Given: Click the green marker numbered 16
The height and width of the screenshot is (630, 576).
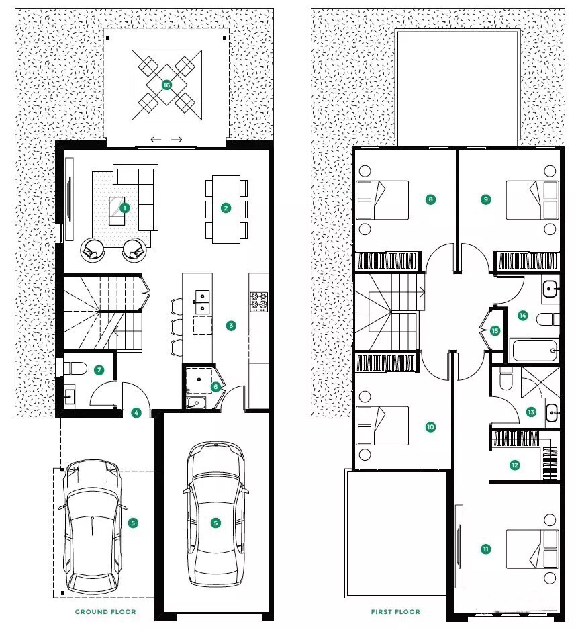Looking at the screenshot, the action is pos(166,85).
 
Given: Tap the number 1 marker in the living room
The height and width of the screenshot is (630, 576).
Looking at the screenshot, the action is pos(124,208).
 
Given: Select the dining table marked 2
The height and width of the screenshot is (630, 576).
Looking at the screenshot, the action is pos(226,210).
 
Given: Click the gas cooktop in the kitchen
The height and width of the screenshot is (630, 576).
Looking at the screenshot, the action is pos(260,302).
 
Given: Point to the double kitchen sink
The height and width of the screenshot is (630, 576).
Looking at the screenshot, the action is pos(201,302).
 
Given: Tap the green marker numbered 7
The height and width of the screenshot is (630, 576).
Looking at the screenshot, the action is pos(99,370).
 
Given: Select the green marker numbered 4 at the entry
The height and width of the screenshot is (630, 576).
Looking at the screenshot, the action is pos(136,412).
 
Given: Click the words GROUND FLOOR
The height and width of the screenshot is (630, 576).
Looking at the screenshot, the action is pos(105,611).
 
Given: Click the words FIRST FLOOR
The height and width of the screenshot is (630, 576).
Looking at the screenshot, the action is pos(395,611).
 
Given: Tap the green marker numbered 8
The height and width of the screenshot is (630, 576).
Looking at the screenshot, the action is pos(430,199).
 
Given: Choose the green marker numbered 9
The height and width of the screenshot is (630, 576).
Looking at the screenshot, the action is pos(485,199).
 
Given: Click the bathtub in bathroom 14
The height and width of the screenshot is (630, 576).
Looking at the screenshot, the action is pos(534,351).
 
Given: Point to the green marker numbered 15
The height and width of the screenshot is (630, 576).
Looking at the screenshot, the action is pos(495,330).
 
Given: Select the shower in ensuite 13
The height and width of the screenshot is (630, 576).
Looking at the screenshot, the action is pos(540,382).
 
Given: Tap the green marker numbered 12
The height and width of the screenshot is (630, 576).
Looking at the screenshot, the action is pos(514,465).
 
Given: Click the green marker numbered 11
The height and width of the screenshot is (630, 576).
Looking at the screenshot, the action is pos(485,549).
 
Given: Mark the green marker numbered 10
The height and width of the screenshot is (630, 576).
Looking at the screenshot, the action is pos(430,426).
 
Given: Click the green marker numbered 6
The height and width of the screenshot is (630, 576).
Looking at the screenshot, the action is pos(215,386).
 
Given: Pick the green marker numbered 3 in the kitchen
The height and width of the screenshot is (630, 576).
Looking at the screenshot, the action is pos(231,326).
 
